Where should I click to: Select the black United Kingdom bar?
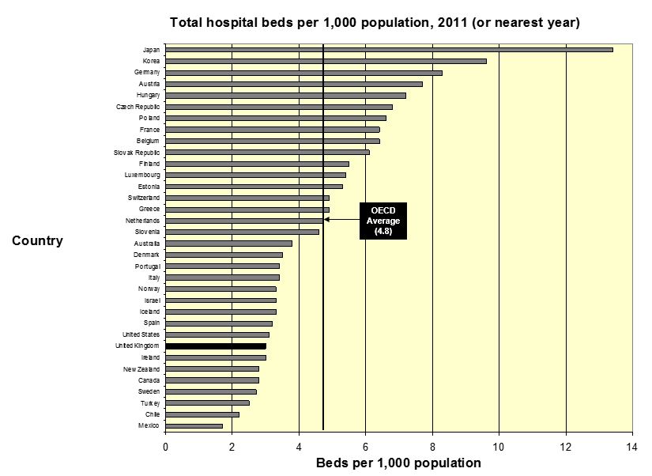(x=216, y=346)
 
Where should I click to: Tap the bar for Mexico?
(x=194, y=426)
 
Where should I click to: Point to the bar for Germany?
(x=303, y=73)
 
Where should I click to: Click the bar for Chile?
(x=202, y=414)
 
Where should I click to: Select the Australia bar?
(x=228, y=244)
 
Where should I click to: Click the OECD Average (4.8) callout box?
(x=383, y=221)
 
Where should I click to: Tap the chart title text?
(x=375, y=22)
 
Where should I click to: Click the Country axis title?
(x=37, y=241)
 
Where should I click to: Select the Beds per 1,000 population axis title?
(x=398, y=463)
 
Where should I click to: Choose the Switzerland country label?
(x=144, y=198)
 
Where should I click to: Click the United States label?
(x=141, y=334)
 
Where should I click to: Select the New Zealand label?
(x=141, y=369)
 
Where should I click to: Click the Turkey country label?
(x=149, y=403)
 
